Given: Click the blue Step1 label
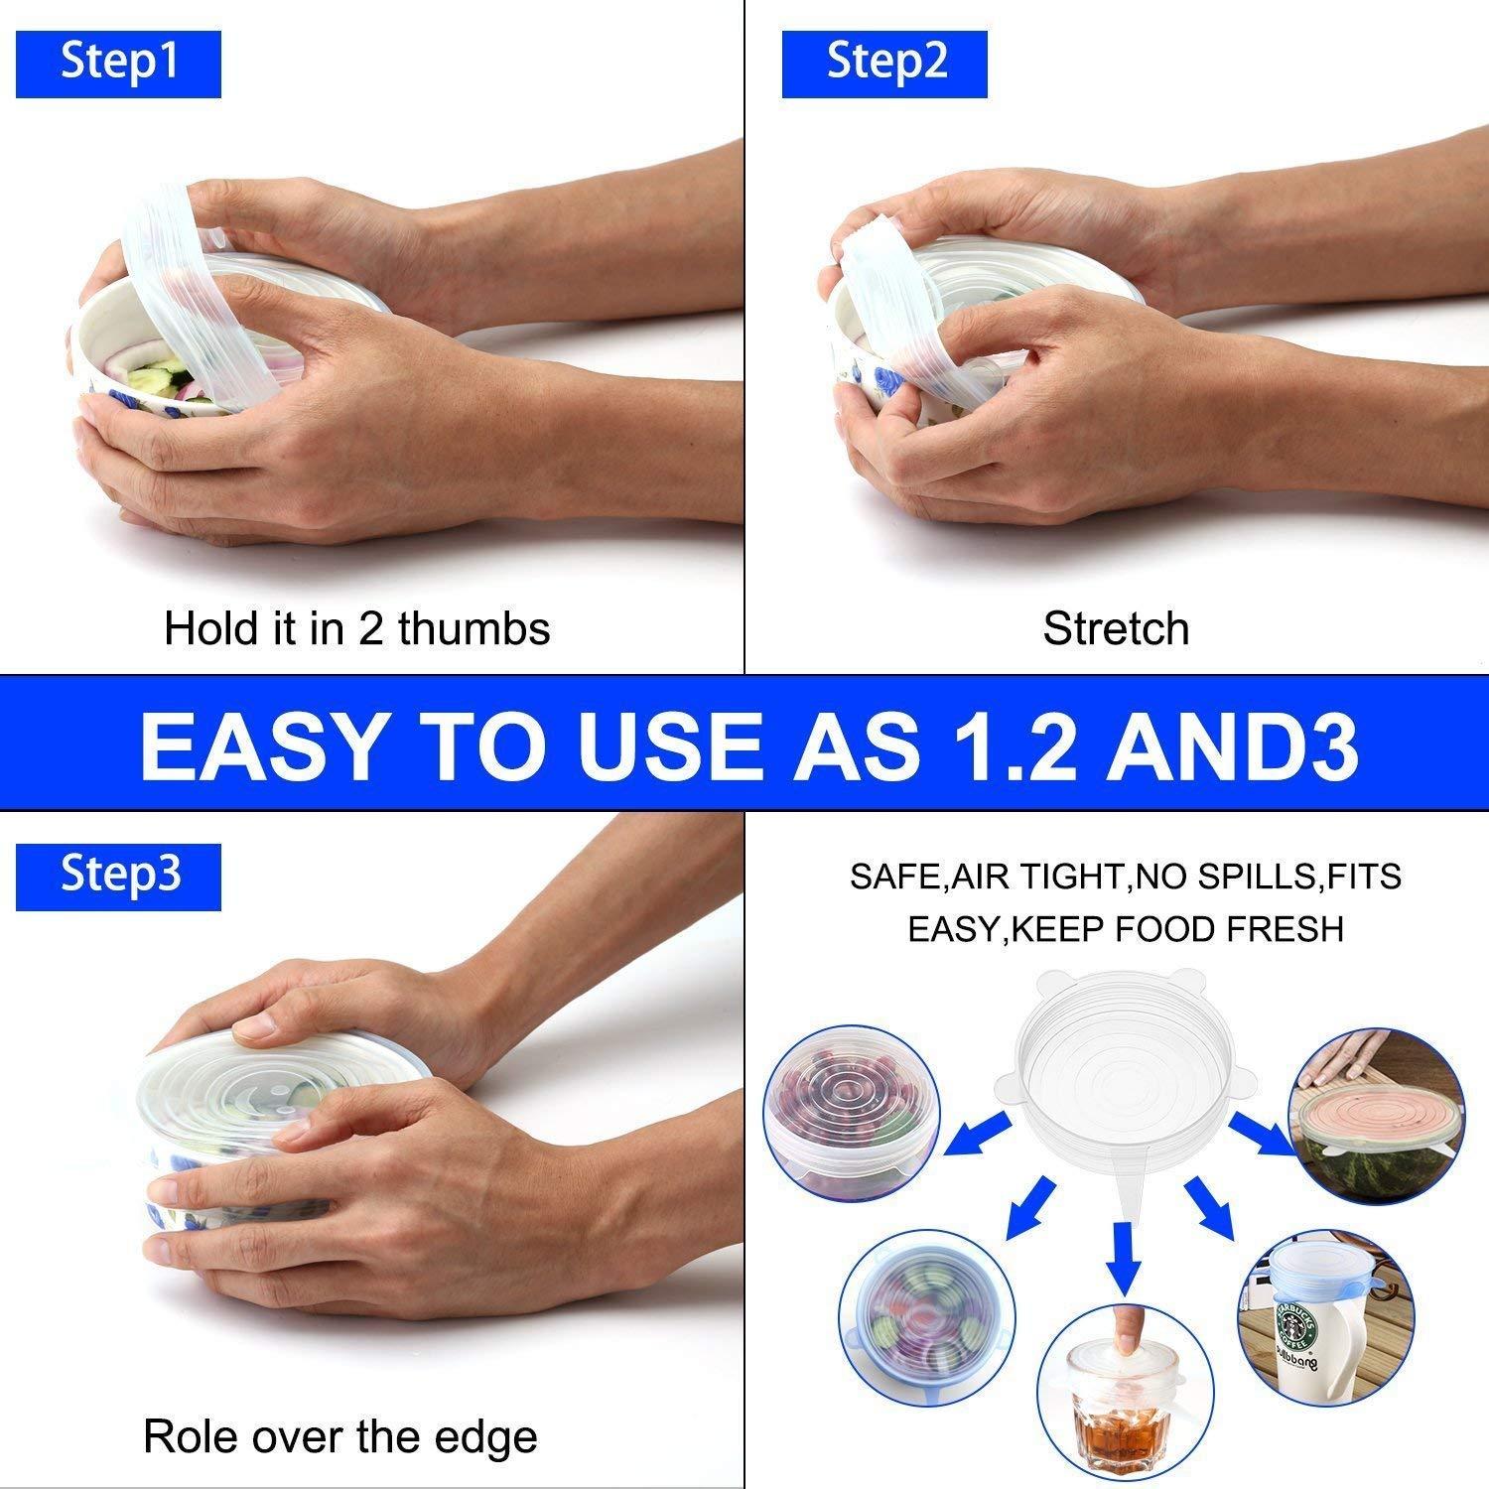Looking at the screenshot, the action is point(118,64).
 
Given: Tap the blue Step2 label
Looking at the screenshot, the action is point(884,64).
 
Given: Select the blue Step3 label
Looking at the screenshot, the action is point(118,877).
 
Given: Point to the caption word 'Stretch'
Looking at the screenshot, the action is point(1116,629).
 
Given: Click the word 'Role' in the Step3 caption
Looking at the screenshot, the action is point(191,1437).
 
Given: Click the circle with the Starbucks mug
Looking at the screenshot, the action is point(1326,1316).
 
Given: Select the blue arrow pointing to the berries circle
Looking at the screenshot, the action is point(978,1134).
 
